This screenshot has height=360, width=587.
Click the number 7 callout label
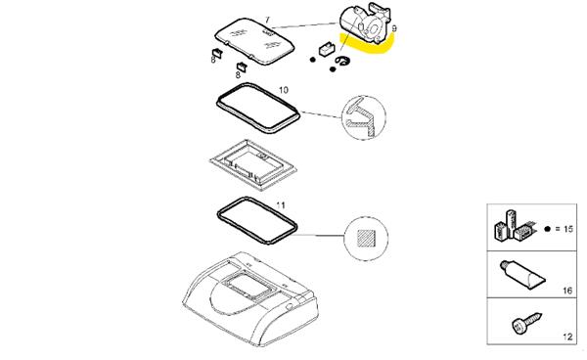tap(267, 20)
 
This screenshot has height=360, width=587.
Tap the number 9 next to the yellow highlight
tap(394, 28)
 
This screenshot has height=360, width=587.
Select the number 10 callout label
tap(284, 90)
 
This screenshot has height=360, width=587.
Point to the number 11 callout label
tap(281, 205)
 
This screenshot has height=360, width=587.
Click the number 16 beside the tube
tap(567, 291)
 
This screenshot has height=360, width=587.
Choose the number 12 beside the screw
tap(567, 337)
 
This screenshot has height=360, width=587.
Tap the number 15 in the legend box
tap(568, 229)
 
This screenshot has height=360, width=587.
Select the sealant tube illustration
tap(522, 275)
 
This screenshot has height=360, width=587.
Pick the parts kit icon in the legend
tap(514, 226)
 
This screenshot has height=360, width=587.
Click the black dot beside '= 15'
tap(548, 229)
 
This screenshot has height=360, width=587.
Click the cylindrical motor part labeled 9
tap(364, 23)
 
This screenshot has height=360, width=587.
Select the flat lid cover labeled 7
tap(254, 41)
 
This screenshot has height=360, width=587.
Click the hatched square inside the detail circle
tap(366, 239)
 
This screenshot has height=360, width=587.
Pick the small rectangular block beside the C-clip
tap(327, 49)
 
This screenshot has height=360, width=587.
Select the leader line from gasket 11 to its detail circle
tap(321, 236)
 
